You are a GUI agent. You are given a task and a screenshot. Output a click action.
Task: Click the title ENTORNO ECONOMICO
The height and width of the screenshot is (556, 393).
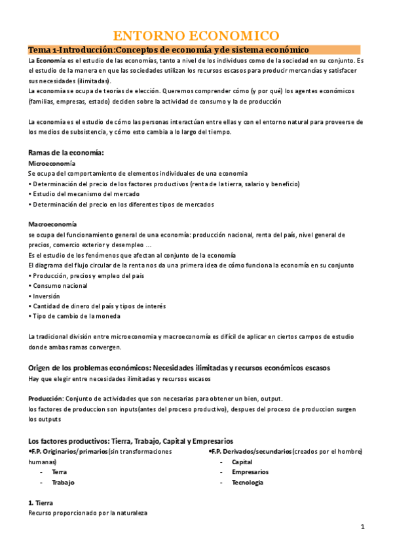[196, 35]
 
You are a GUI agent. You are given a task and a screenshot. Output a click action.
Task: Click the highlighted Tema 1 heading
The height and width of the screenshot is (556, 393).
[168, 50]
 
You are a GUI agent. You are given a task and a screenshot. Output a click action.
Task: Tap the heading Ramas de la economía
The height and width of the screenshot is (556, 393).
[66, 153]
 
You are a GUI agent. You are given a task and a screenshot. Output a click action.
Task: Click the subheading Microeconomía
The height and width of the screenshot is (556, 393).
[52, 163]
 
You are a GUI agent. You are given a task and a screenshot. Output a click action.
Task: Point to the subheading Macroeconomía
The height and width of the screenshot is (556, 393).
[52, 224]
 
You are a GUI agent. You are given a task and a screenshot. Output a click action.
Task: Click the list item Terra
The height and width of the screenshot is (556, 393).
[59, 471]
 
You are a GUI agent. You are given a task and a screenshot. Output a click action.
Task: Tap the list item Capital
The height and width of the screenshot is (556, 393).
[242, 462]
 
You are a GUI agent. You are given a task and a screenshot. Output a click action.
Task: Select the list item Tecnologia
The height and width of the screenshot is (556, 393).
[247, 482]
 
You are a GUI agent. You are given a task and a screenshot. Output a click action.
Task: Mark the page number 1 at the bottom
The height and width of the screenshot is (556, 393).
[362, 527]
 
